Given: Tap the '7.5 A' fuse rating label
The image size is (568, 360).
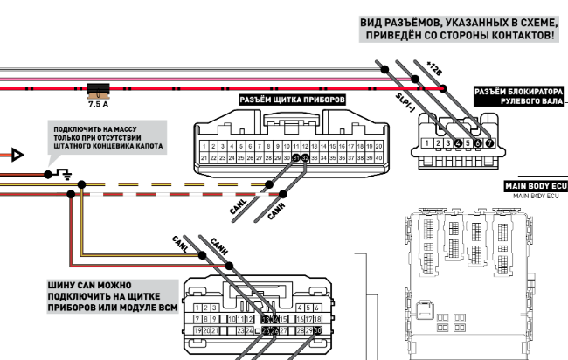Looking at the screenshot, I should click(x=99, y=104).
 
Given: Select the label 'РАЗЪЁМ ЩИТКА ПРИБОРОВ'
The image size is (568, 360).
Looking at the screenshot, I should click(x=292, y=100).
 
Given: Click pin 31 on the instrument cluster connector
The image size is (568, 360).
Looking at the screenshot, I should click(x=296, y=157).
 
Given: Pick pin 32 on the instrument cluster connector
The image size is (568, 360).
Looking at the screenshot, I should click(x=306, y=157).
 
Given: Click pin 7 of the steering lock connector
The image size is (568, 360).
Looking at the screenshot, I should click(x=489, y=142).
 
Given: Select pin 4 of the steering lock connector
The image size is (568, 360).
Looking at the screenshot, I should click(x=458, y=142).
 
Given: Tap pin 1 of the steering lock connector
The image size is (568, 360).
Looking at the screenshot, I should click(x=426, y=142).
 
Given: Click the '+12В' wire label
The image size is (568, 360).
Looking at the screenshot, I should click(x=434, y=66).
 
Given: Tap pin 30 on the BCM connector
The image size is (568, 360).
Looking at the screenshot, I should click(x=317, y=331).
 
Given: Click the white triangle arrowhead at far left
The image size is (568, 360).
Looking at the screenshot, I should click(x=16, y=155).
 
